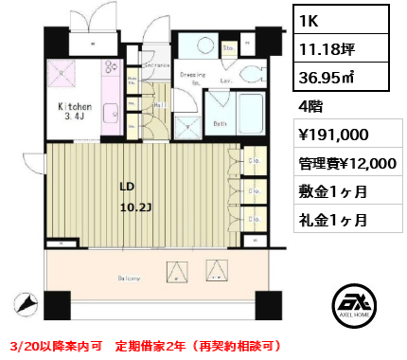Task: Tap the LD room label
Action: [126, 186]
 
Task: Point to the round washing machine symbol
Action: [203, 44]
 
